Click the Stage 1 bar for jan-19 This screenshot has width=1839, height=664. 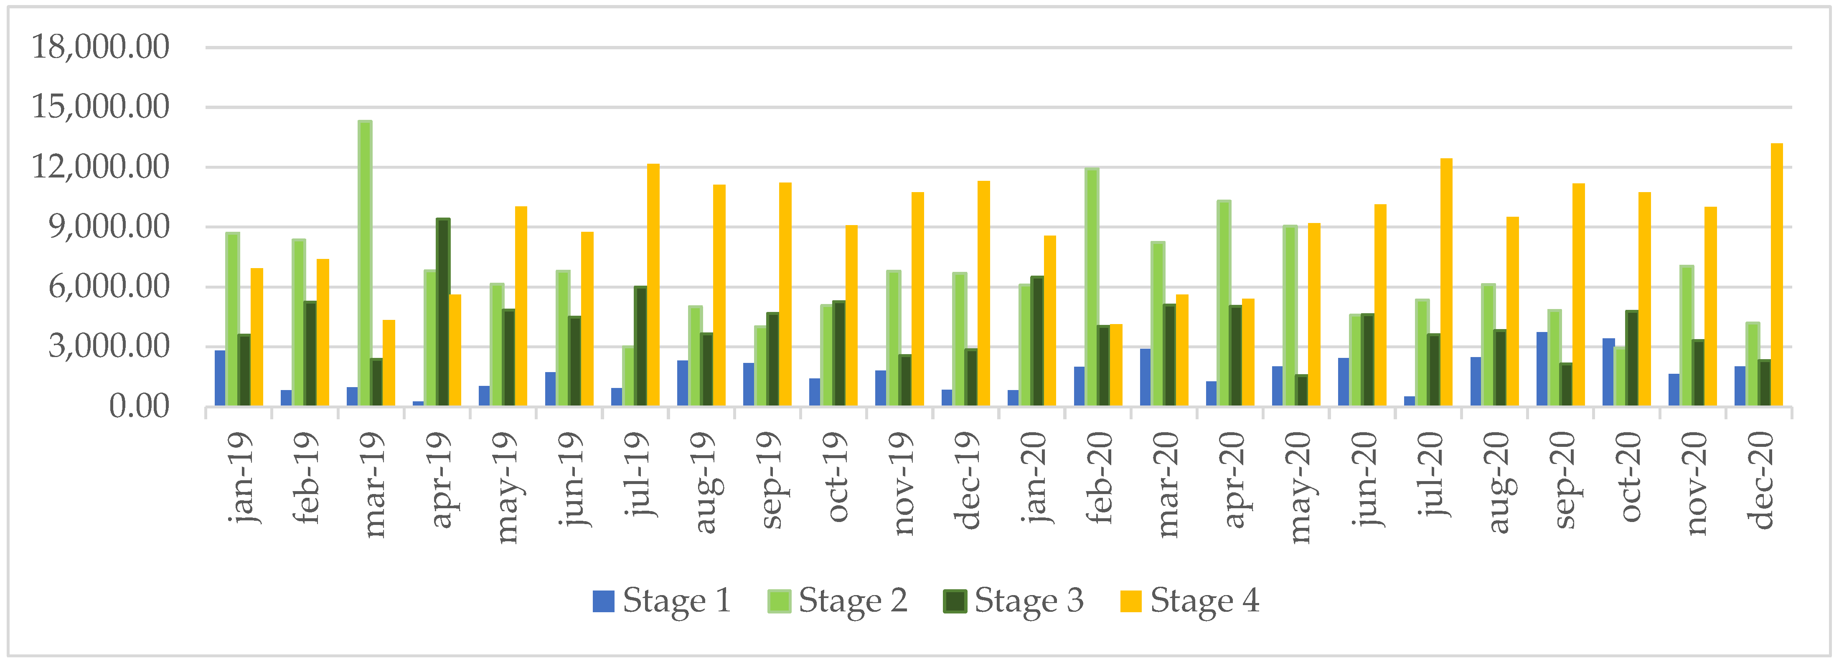[220, 378]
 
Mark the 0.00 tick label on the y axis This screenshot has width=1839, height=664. [139, 407]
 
